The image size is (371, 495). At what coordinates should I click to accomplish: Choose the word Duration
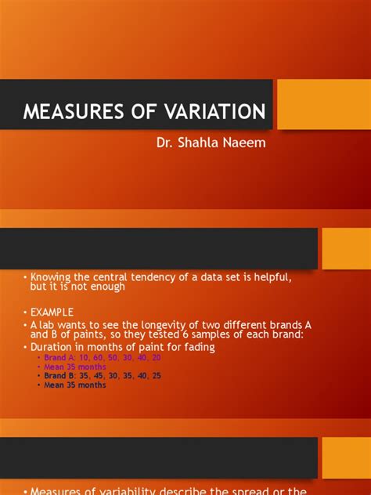tap(53, 346)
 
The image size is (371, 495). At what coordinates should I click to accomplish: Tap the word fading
tap(197, 346)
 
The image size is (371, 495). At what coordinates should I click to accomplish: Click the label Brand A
tap(60, 358)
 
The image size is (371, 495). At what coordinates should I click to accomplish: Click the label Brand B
tap(60, 376)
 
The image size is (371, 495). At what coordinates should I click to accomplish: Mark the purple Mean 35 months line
tap(75, 367)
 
